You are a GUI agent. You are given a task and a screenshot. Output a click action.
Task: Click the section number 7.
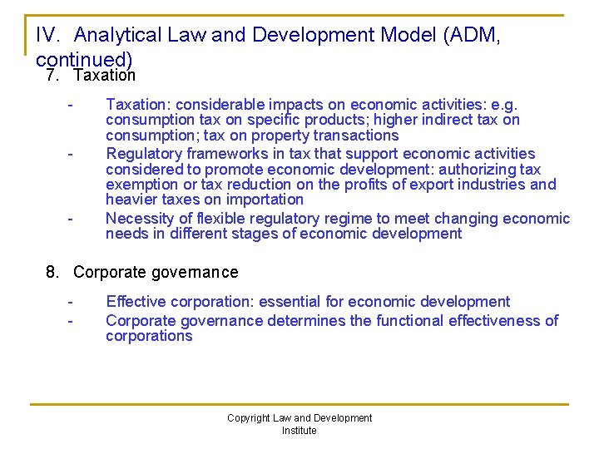(52, 76)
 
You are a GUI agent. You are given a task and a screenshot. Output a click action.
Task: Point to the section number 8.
(52, 273)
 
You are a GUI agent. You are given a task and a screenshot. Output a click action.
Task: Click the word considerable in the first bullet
(215, 105)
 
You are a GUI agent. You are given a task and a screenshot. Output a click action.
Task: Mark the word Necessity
(138, 219)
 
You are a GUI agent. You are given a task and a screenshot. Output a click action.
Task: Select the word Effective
(136, 302)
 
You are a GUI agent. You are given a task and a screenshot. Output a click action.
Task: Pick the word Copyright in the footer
(249, 418)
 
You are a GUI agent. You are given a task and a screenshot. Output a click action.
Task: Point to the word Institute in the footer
(299, 431)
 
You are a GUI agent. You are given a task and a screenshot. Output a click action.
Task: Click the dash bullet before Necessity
(72, 219)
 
